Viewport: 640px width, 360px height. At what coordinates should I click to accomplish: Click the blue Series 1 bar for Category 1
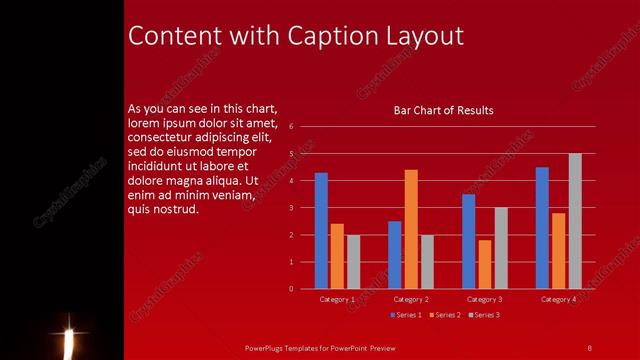[x=321, y=230]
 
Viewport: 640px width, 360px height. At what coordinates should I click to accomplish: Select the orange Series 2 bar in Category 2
[x=411, y=229]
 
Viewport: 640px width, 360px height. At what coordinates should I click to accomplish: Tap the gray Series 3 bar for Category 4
[x=575, y=221]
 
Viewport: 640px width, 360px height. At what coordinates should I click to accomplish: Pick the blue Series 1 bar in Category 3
[x=469, y=241]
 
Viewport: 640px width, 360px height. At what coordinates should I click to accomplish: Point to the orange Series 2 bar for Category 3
[x=485, y=264]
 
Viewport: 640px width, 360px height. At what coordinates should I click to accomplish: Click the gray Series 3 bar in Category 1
[x=353, y=261]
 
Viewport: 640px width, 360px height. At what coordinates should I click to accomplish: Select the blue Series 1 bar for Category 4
[x=542, y=228]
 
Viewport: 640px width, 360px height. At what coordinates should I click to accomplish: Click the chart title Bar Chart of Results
[x=443, y=110]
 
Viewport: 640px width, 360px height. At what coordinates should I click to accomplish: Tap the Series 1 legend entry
[x=404, y=315]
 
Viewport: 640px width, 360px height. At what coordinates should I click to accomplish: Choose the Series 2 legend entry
[x=443, y=315]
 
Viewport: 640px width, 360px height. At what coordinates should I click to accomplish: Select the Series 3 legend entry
[x=482, y=315]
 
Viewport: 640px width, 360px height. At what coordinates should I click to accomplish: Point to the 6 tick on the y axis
[x=290, y=127]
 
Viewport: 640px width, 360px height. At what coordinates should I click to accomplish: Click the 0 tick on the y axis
[x=290, y=289]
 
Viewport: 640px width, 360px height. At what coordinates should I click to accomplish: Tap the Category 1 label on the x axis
[x=337, y=299]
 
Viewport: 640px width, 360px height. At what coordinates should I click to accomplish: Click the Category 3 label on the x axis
[x=485, y=299]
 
